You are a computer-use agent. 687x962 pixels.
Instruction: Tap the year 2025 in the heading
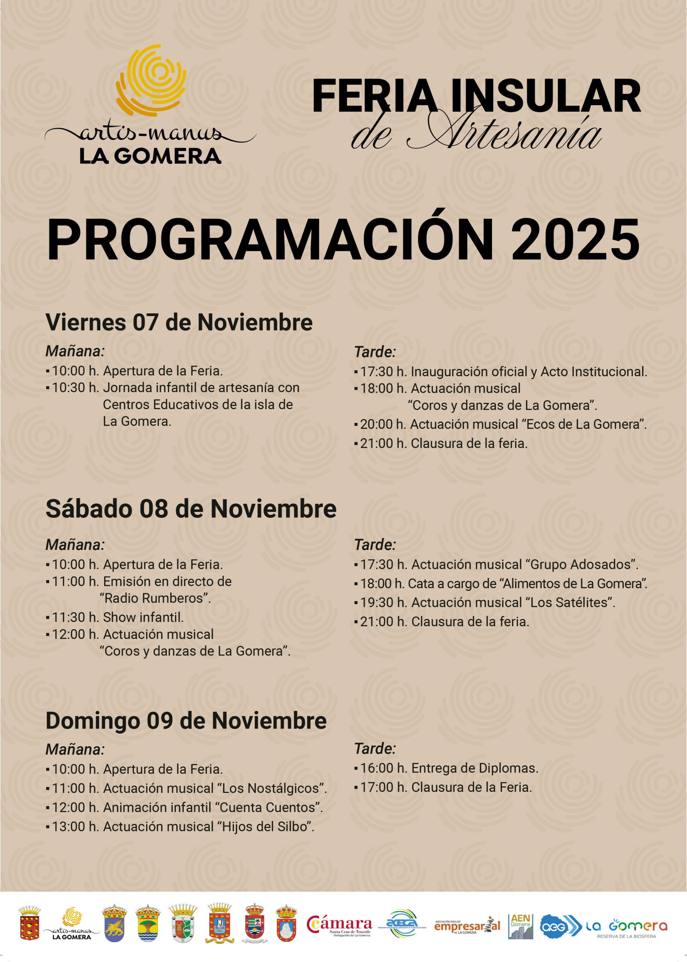[x=575, y=240]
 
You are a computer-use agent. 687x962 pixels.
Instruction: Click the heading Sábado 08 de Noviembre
[x=191, y=508]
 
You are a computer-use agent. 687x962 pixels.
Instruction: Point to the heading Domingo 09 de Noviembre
[x=186, y=720]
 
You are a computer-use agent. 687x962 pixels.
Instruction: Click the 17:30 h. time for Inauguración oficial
[x=383, y=372]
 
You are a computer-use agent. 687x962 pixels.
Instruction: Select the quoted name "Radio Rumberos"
[x=155, y=598]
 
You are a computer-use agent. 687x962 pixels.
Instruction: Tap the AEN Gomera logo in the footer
[x=521, y=926]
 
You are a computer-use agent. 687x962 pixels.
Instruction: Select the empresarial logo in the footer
[x=467, y=926]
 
